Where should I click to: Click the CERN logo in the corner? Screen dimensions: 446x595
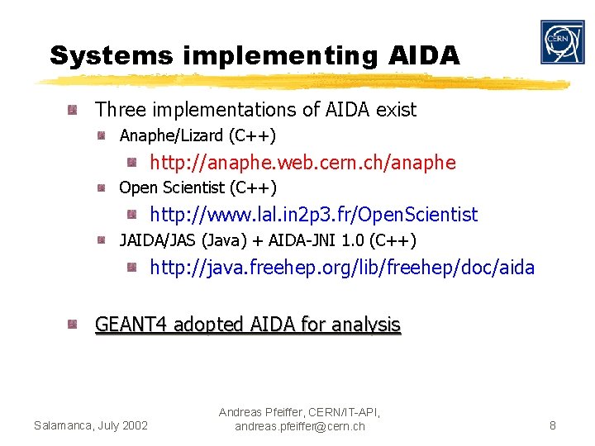(562, 42)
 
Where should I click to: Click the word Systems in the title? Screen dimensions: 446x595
(111, 55)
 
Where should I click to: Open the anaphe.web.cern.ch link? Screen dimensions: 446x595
(302, 163)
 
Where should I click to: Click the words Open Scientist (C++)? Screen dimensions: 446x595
(198, 188)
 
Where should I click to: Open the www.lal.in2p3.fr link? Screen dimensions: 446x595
(313, 215)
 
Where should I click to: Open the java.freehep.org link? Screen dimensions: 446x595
(341, 268)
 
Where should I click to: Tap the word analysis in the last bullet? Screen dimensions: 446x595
(365, 325)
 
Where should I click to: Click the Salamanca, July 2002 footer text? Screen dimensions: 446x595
(91, 425)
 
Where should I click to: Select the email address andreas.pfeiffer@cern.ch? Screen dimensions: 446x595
(299, 426)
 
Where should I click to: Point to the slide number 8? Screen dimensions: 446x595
(553, 426)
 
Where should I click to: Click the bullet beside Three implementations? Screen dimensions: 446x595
(74, 109)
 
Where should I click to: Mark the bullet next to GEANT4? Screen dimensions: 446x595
(74, 324)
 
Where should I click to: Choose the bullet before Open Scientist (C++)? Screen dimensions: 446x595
(101, 188)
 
